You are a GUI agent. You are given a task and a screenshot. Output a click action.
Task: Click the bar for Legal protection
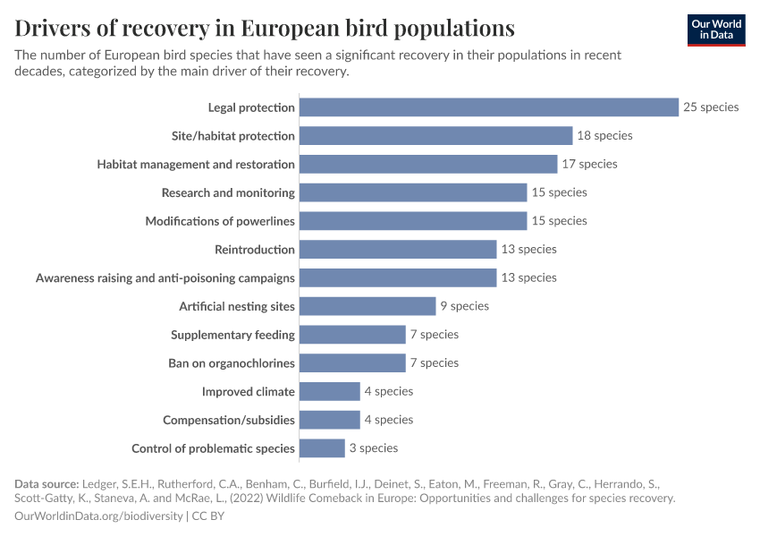pyautogui.click(x=489, y=107)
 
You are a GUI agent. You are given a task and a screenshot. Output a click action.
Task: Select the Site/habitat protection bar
pyautogui.click(x=435, y=136)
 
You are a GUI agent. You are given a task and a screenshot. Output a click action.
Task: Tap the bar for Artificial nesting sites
pyautogui.click(x=367, y=306)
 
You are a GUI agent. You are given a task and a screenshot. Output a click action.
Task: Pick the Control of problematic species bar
pyautogui.click(x=322, y=448)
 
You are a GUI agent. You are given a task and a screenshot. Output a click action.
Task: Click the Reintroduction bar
pyautogui.click(x=398, y=250)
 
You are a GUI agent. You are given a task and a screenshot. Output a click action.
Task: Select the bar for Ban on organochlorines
pyautogui.click(x=352, y=363)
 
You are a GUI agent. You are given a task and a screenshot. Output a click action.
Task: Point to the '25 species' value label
pyautogui.click(x=711, y=107)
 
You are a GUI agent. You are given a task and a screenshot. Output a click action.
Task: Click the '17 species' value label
pyautogui.click(x=589, y=164)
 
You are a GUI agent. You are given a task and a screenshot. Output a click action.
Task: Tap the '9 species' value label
pyautogui.click(x=464, y=306)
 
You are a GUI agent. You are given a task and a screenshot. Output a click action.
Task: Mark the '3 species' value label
pyautogui.click(x=374, y=447)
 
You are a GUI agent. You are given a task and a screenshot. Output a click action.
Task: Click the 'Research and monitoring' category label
pyautogui.click(x=228, y=192)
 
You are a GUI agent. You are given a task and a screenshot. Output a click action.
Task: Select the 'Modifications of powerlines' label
pyautogui.click(x=220, y=221)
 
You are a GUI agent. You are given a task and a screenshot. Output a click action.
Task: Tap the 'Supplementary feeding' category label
pyautogui.click(x=232, y=335)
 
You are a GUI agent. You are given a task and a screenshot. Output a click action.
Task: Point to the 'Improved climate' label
pyautogui.click(x=248, y=391)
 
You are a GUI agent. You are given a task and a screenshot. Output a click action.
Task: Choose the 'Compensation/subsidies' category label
pyautogui.click(x=228, y=420)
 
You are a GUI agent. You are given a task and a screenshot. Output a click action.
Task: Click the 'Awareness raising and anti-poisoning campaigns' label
pyautogui.click(x=165, y=277)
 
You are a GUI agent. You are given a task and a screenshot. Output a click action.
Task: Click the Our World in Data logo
pyautogui.click(x=716, y=30)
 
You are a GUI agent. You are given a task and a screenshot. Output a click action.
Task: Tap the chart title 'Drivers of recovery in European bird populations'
pyautogui.click(x=265, y=28)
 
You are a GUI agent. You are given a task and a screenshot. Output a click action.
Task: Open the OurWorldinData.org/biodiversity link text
pyautogui.click(x=98, y=516)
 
